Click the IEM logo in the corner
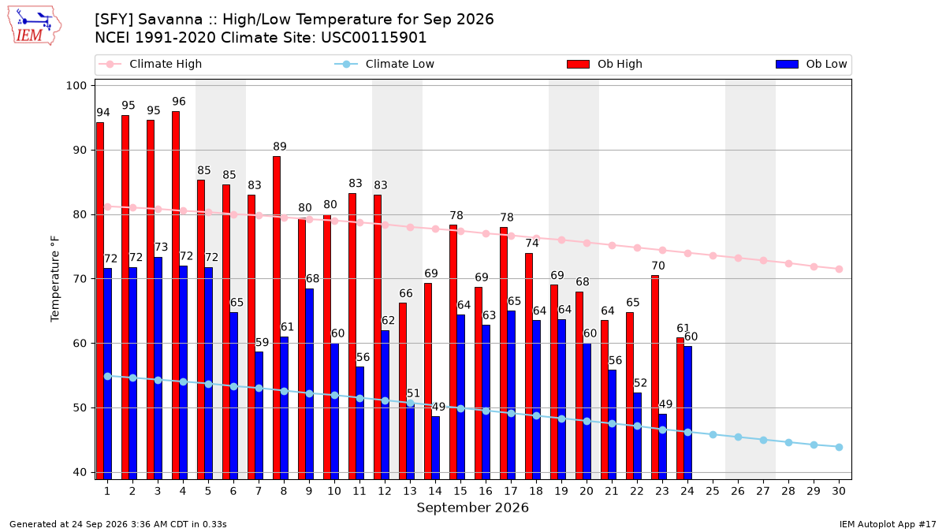(x=35, y=26)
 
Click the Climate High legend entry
(x=150, y=64)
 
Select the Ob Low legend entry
(x=811, y=64)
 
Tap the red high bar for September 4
(x=176, y=295)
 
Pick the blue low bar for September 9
(x=309, y=384)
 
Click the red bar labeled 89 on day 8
(x=277, y=318)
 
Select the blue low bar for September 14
(x=435, y=448)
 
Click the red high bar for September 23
(x=655, y=377)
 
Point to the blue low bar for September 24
(x=687, y=412)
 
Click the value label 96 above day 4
(x=179, y=102)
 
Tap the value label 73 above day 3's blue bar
(x=162, y=247)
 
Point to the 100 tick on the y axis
(x=76, y=86)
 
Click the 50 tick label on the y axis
(x=80, y=408)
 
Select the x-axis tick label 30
(x=839, y=491)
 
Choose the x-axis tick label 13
(x=410, y=491)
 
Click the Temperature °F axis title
(x=55, y=279)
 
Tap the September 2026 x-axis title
(x=472, y=508)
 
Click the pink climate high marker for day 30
(x=839, y=269)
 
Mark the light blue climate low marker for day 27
(x=763, y=440)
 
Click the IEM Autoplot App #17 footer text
(x=888, y=524)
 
